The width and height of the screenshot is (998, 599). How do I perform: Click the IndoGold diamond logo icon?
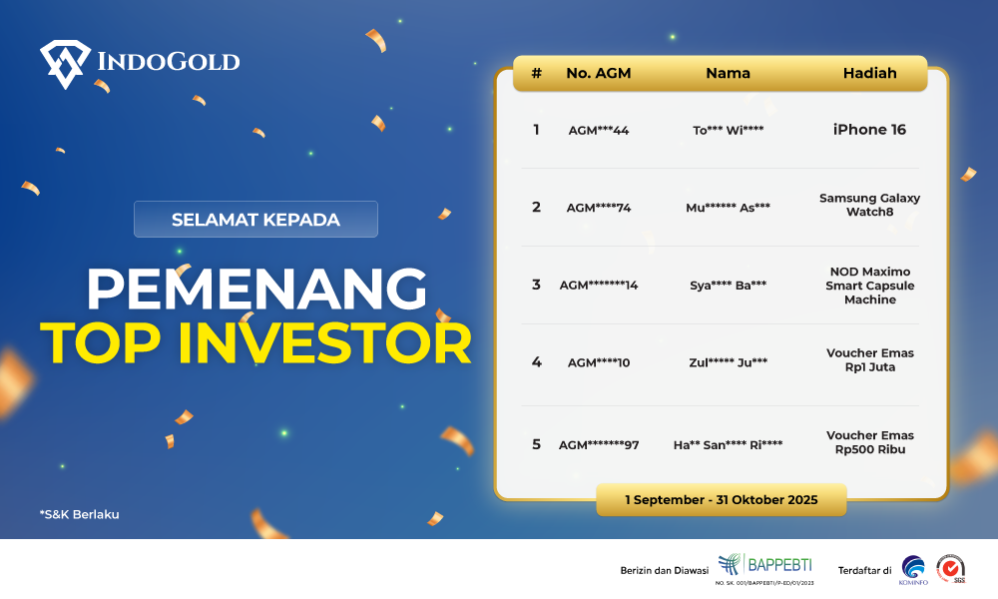63,63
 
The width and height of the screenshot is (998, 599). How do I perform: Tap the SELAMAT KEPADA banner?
255,220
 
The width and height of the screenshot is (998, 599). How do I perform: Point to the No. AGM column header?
598,73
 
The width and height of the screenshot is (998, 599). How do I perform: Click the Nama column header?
728,73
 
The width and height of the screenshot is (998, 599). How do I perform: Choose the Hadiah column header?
869,73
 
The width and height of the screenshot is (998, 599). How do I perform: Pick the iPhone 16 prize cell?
869,130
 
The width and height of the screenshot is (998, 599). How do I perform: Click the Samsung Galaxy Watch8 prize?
869,205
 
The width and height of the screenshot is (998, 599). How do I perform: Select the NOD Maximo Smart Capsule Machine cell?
869,286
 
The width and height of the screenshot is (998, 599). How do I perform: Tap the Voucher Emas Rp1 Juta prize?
869,359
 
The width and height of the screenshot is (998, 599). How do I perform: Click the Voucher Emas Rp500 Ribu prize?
869,442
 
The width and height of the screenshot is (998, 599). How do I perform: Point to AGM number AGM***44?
599,131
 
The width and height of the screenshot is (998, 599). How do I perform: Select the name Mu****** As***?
728,208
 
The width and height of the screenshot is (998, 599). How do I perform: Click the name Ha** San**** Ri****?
728,445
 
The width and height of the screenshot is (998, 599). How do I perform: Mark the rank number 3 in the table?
536,285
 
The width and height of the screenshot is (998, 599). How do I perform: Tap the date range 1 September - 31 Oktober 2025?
721,499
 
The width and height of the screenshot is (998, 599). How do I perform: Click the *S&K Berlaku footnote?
79,515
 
